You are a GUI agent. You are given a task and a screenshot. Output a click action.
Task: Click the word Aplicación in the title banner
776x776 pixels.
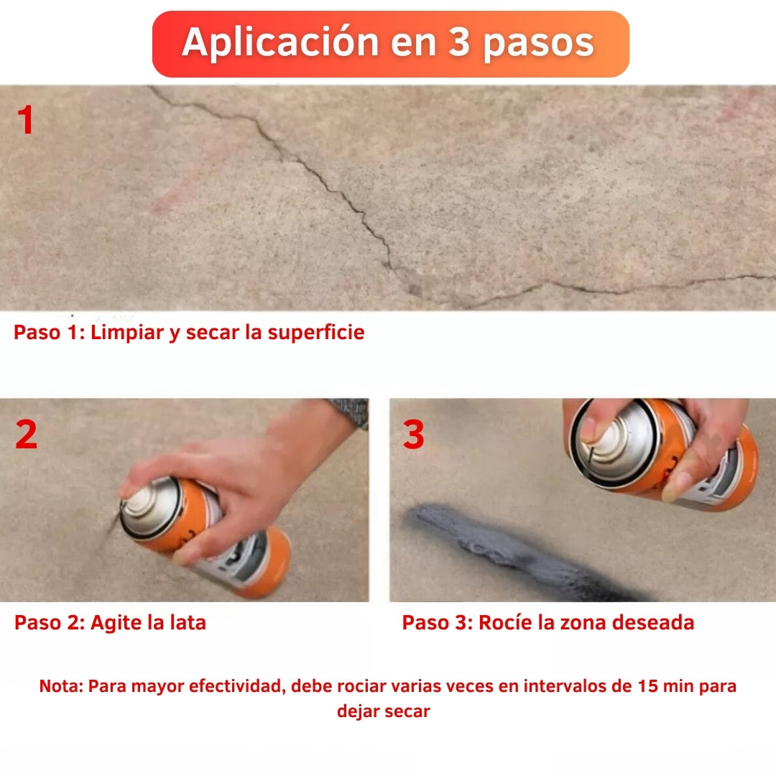[x=281, y=43]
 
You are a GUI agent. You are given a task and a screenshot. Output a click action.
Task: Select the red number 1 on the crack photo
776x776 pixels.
[x=26, y=121]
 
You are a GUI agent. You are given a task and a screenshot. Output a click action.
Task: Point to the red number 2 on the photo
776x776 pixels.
[x=26, y=435]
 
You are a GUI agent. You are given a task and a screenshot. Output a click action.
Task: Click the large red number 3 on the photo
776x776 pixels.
[x=414, y=435]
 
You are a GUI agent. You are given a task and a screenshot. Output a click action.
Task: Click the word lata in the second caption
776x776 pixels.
[x=188, y=622]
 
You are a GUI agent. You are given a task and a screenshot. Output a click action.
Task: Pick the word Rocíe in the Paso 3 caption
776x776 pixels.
[x=505, y=622]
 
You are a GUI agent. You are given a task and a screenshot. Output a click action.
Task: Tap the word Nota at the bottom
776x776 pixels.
[x=60, y=686]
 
